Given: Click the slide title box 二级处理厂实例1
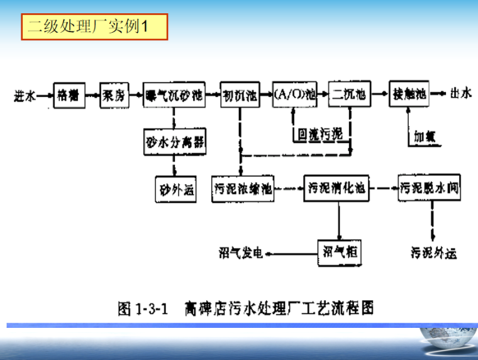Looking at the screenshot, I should point(94,27).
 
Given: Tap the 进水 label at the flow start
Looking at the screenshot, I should point(25,96).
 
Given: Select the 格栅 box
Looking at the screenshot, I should point(69,96).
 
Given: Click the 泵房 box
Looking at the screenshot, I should point(114,96).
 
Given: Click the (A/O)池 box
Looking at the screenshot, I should point(294,96).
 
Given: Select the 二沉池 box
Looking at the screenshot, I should point(349,96).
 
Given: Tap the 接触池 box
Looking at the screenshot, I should point(409,95).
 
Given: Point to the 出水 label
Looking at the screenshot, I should point(461,95).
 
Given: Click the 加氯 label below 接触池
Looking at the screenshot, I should point(425,135).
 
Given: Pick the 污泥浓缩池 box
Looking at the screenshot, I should point(244,188).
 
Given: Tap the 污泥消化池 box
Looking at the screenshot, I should point(337,188).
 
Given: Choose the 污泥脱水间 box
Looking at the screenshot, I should point(430,188).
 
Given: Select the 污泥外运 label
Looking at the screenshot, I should point(433,252).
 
